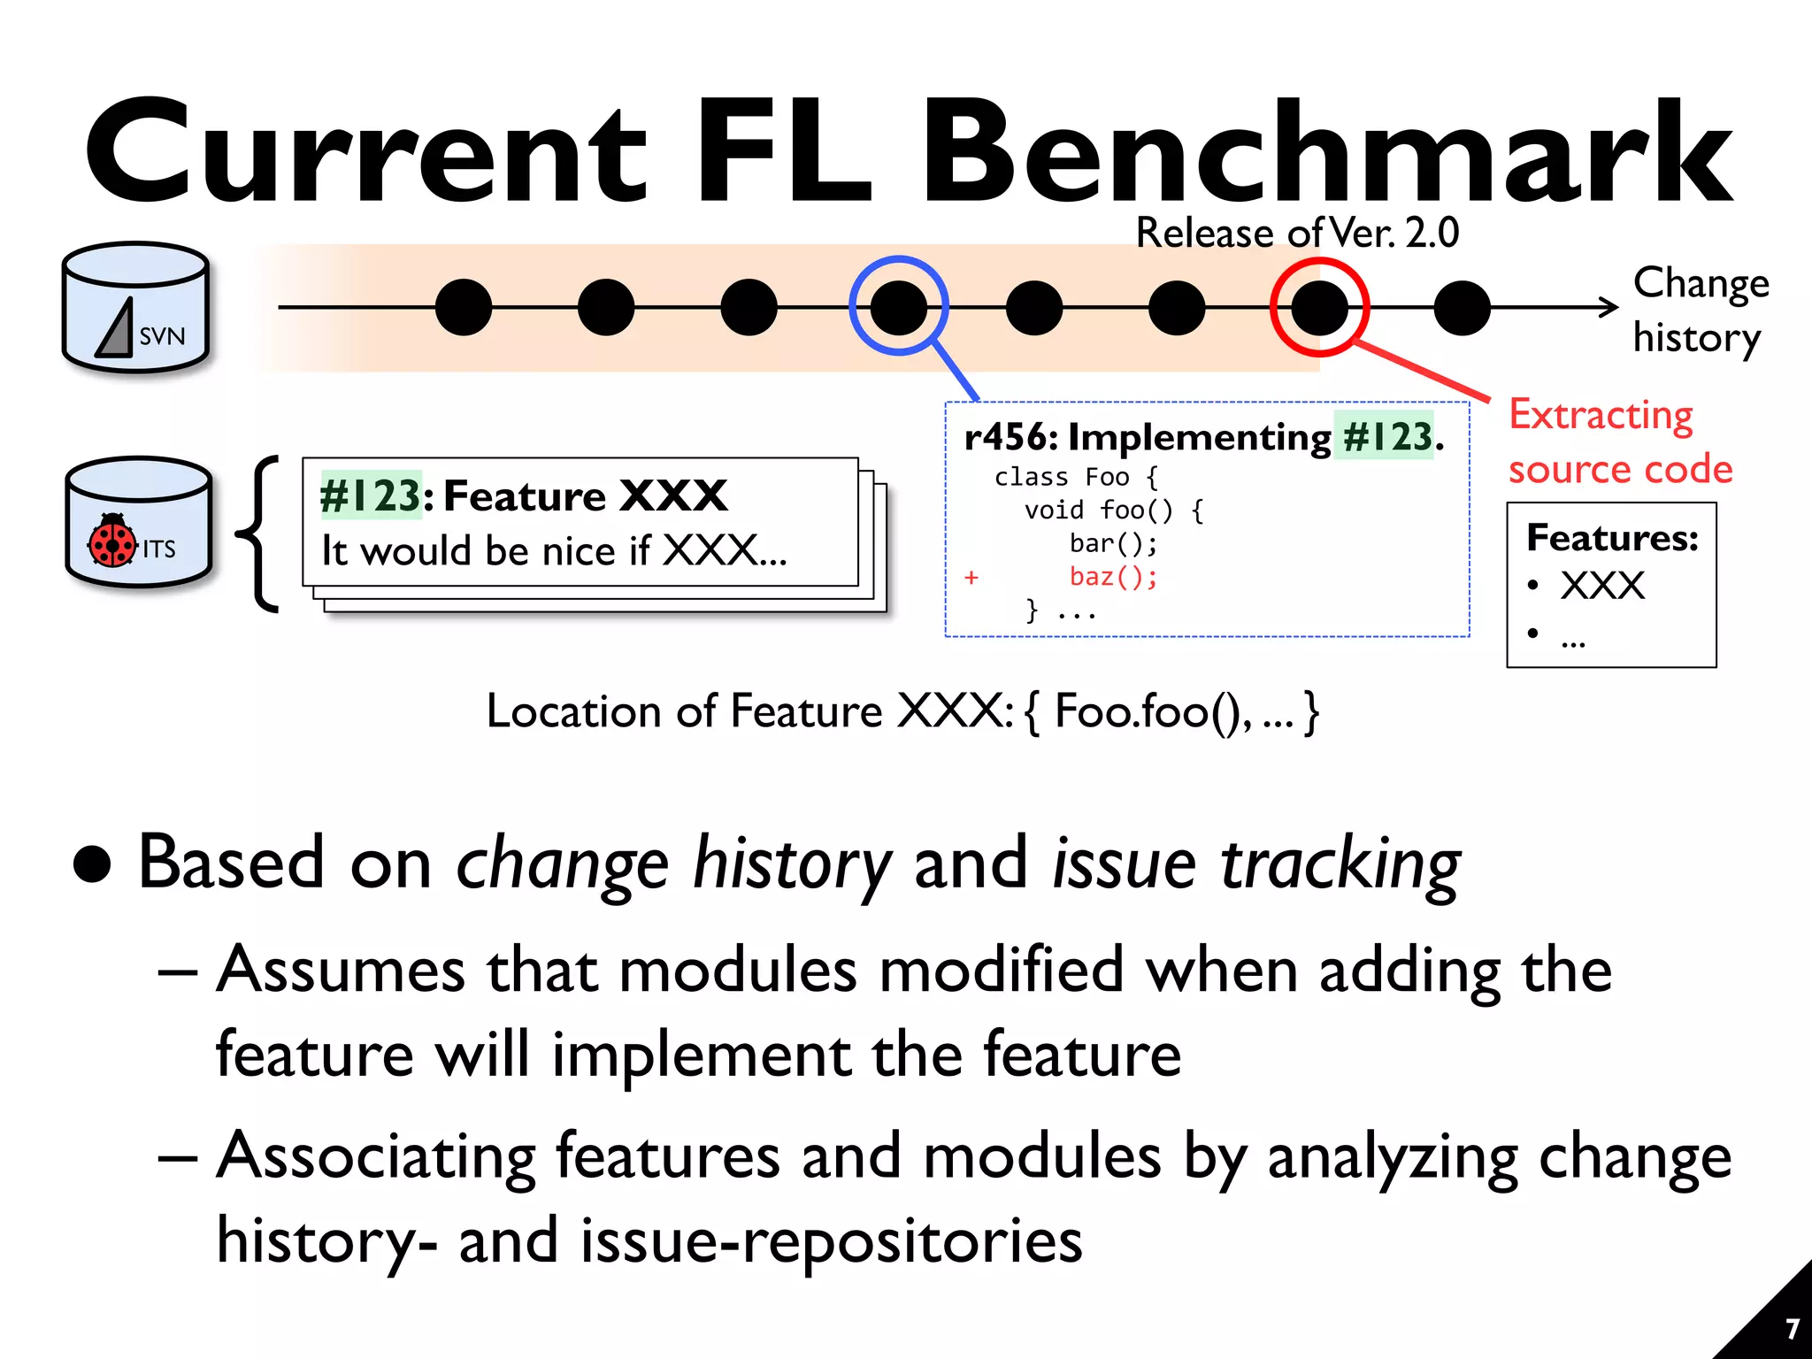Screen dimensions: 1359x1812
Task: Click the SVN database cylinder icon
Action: [135, 307]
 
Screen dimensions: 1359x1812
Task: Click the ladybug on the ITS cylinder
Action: [111, 541]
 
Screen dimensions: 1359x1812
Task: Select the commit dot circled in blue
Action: [898, 307]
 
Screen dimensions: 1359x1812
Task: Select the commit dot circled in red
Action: [1319, 307]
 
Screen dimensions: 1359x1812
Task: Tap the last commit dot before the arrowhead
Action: [1462, 308]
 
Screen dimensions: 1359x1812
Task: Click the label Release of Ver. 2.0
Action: [1296, 234]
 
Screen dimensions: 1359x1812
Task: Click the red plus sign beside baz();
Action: [971, 578]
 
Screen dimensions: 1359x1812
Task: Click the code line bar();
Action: [1112, 543]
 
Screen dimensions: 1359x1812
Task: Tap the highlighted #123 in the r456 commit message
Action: [1386, 437]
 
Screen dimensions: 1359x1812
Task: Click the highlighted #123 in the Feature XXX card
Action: [370, 495]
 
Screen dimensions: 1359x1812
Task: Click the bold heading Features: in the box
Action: [1612, 538]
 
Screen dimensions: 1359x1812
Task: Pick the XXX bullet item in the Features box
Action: [1601, 586]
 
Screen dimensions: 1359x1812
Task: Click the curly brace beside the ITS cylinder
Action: [259, 534]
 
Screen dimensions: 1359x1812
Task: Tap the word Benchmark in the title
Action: [1327, 152]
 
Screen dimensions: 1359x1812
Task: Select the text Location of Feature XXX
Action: [749, 711]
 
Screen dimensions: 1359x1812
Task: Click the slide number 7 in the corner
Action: [1792, 1329]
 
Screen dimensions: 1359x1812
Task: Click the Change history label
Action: [1699, 310]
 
